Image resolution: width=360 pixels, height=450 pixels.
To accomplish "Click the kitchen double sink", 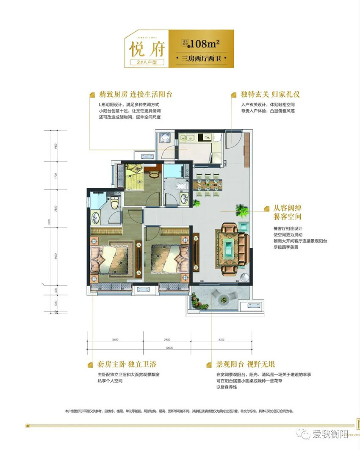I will point(186,137).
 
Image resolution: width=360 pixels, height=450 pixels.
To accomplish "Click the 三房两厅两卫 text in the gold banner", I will point(202,58).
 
